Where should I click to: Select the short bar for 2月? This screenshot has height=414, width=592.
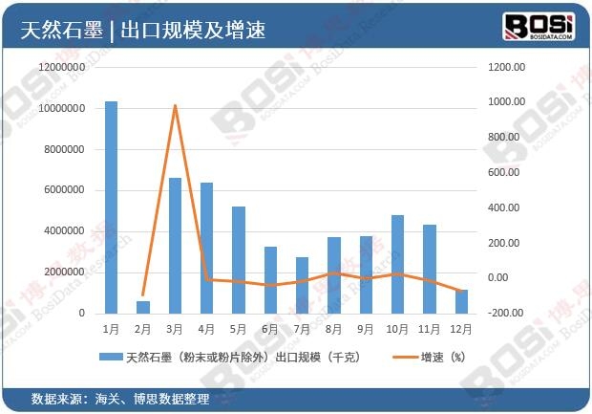[143, 307]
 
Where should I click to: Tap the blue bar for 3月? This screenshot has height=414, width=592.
[175, 245]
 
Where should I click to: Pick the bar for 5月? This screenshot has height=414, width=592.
[239, 259]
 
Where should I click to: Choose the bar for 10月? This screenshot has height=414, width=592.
[397, 264]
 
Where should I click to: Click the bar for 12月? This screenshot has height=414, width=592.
[461, 301]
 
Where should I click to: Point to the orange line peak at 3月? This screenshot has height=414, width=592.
[175, 105]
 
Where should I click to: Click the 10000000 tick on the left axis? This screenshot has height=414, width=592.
[59, 109]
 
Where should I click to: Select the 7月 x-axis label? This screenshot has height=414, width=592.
[302, 329]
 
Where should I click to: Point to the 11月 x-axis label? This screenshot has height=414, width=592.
[429, 329]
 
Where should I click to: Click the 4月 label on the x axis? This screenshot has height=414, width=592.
[207, 329]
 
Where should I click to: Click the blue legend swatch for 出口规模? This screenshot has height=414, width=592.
[110, 358]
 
